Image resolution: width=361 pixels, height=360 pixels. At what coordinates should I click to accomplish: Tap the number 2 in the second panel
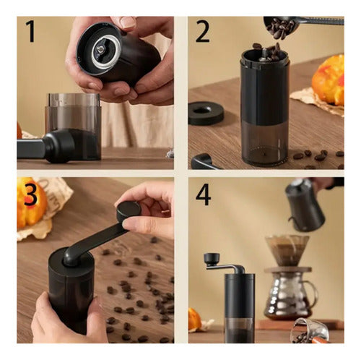(x=203, y=32)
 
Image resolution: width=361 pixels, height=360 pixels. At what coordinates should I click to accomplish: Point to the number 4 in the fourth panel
(x=204, y=195)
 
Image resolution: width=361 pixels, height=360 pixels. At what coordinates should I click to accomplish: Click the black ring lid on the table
(x=206, y=112)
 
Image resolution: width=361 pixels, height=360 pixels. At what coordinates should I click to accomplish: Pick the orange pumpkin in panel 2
(x=329, y=80)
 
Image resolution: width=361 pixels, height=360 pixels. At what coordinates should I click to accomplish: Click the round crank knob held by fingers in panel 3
(x=129, y=210)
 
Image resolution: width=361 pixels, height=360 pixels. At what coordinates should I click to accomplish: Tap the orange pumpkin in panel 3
(x=30, y=206)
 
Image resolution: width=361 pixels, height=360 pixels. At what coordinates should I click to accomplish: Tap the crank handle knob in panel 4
(x=211, y=258)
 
